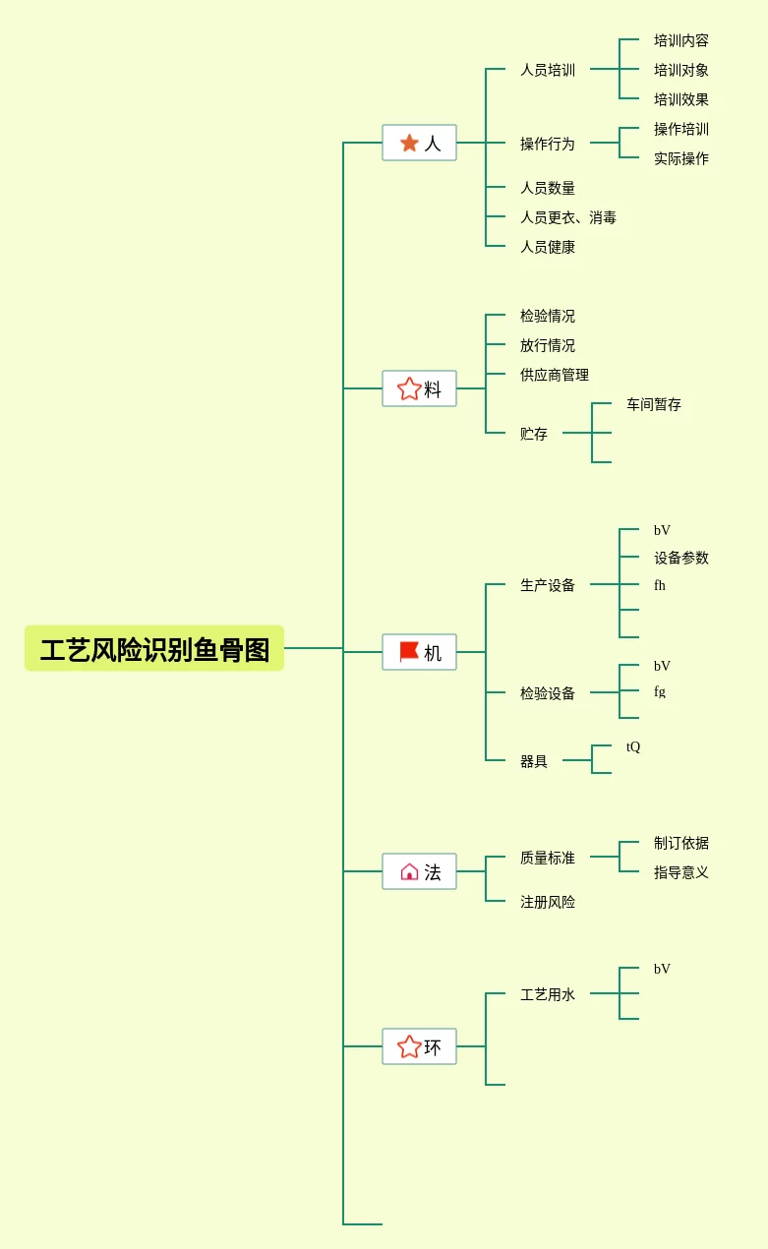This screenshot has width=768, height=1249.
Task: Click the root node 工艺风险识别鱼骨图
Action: click(x=154, y=649)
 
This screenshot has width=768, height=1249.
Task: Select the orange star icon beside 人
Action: click(x=409, y=144)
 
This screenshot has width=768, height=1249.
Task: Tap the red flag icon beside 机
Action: click(x=409, y=652)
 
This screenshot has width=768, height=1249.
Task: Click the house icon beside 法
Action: click(x=409, y=871)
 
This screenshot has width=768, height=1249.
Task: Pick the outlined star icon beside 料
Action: click(x=409, y=389)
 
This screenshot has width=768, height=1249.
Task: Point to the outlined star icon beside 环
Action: click(x=409, y=1046)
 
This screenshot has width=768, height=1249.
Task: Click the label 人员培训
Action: click(x=548, y=70)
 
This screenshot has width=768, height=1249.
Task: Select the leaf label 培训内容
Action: click(x=681, y=40)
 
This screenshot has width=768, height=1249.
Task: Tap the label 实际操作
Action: click(x=681, y=158)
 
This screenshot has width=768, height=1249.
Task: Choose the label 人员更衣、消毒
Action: click(x=568, y=217)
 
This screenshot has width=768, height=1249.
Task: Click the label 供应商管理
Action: click(x=555, y=375)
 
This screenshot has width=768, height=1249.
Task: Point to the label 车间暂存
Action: click(x=654, y=404)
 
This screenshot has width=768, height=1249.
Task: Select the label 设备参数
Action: click(x=681, y=558)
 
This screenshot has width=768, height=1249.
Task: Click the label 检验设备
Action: click(x=548, y=693)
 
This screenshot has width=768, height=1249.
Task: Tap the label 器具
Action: click(x=534, y=761)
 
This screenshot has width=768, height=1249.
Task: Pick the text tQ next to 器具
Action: click(x=633, y=746)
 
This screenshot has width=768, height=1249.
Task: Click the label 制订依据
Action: click(x=681, y=843)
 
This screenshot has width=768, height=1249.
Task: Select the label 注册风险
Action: click(x=548, y=902)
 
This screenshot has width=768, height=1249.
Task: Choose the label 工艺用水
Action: click(x=548, y=994)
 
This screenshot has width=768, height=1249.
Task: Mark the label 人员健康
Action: click(x=548, y=247)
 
